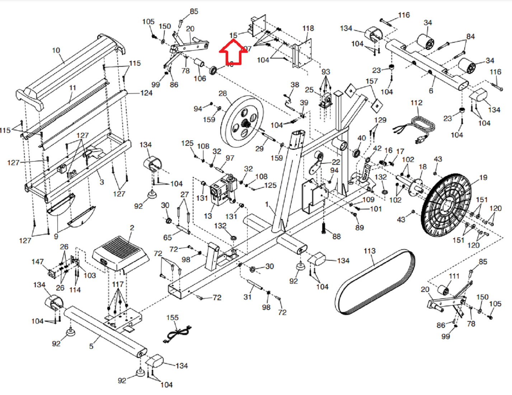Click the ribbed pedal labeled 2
coord(120,253)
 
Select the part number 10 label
coord(56,50)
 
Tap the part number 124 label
coord(146,93)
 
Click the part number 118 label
coord(308,28)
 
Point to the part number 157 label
coord(372,81)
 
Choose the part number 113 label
coord(369,251)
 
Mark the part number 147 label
coord(37,262)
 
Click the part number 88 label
coord(336,236)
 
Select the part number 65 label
coord(168,237)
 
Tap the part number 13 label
coord(208,216)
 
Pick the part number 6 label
coord(431,91)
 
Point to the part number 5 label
coord(91,346)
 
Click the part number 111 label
coord(454,276)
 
